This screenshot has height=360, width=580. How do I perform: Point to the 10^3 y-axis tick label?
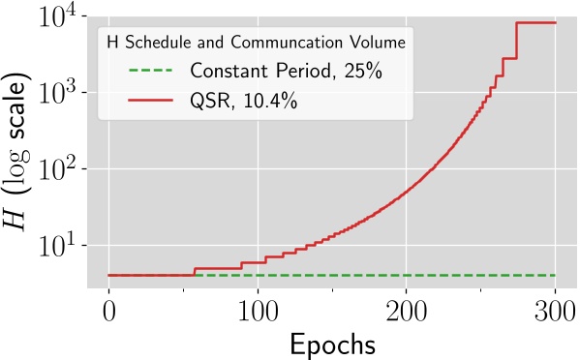click(61, 95)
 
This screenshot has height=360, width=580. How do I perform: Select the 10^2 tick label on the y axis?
click(61, 170)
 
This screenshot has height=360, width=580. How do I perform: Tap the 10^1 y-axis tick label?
click(61, 246)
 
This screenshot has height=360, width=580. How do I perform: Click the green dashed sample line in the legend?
click(150, 71)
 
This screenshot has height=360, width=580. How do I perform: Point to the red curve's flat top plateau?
click(535, 22)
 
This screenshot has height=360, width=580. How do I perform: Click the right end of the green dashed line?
click(554, 276)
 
